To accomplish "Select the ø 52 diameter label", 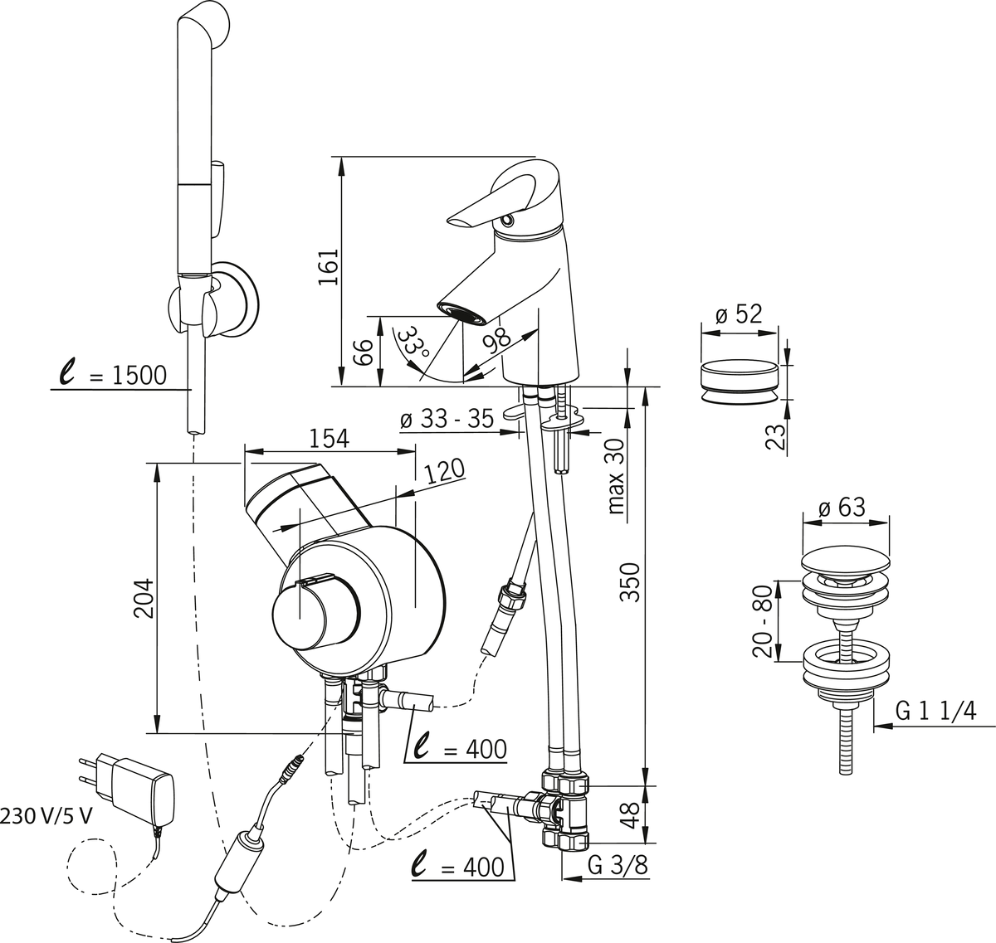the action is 738,314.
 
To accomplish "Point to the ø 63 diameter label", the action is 842,507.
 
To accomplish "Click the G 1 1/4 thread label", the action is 935,711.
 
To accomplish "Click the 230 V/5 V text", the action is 46,830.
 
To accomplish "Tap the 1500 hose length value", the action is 139,376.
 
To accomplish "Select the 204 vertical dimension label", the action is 144,598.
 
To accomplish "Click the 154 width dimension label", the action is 330,439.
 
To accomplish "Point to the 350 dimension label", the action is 632,582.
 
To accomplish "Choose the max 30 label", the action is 616,477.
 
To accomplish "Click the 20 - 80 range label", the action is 763,621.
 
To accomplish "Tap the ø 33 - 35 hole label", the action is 447,420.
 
